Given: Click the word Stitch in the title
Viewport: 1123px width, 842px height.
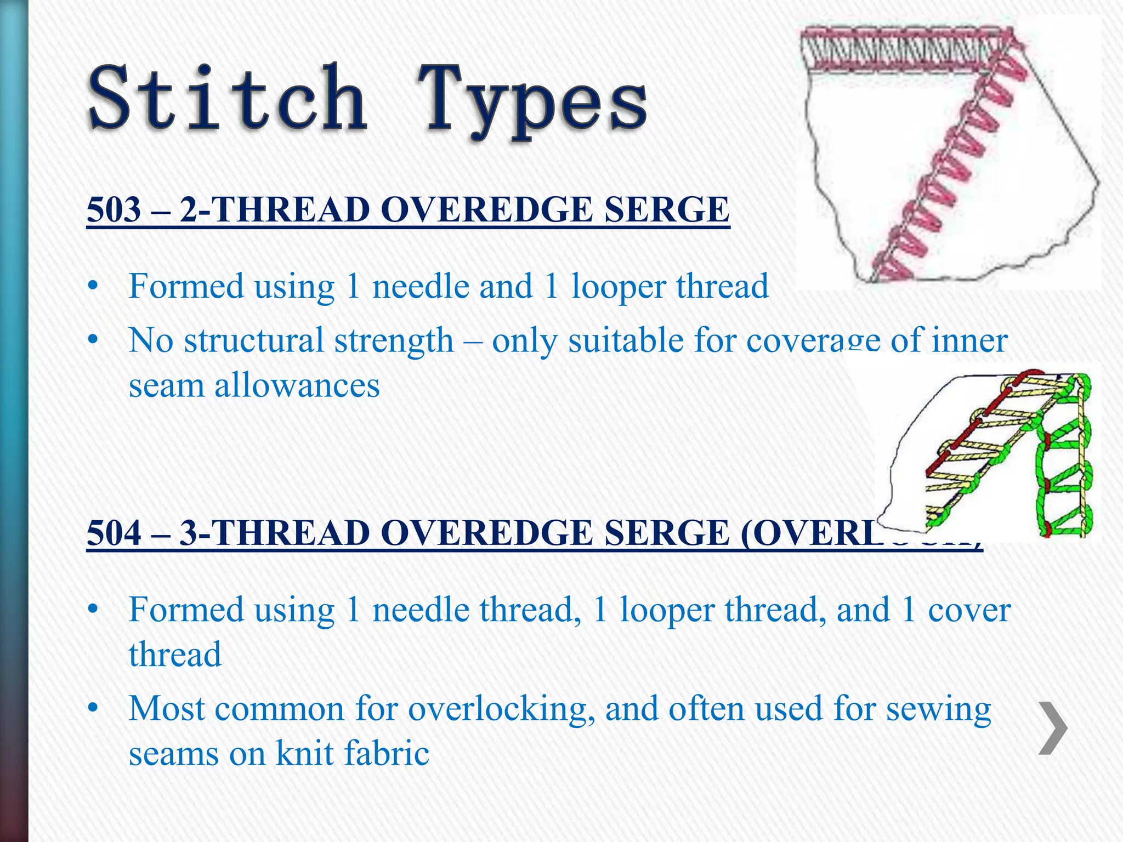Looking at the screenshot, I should coord(228,99).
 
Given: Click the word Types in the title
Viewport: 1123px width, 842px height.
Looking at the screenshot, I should coord(532,101).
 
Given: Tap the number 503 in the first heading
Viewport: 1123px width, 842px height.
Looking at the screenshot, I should coord(114,209).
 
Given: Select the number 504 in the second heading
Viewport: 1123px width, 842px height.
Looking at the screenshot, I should coord(114,533).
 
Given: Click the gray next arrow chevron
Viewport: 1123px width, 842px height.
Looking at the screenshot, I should coord(1053,728).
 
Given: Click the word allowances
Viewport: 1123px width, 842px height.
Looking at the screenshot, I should coord(297,385).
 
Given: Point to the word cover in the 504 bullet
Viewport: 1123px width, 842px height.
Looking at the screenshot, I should coord(969,610).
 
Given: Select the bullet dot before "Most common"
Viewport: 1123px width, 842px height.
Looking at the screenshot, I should coord(93,709).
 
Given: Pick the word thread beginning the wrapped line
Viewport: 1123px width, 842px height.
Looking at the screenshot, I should coord(175,655).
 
